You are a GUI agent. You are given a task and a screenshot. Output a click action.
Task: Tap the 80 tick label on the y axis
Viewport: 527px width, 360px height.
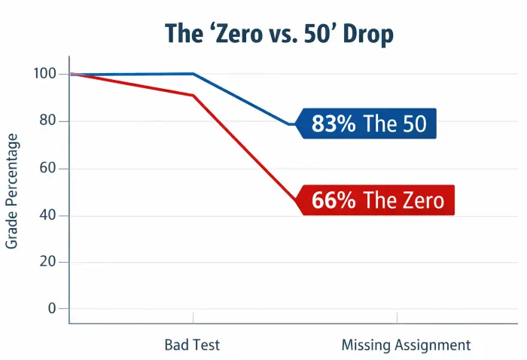coord(48,121)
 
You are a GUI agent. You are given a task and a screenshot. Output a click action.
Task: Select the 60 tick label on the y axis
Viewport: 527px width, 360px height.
coord(48,168)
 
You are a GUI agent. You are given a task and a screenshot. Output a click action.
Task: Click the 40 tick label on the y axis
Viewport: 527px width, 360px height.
coord(48,215)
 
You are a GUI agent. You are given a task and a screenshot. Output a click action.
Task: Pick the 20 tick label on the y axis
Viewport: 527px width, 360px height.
coord(48,262)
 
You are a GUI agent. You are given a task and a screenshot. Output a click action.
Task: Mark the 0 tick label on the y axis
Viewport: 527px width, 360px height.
coord(53,308)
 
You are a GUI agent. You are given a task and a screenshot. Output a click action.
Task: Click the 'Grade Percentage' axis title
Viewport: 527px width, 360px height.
coord(13,191)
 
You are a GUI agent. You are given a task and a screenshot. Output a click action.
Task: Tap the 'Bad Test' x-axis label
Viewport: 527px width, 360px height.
coord(193,345)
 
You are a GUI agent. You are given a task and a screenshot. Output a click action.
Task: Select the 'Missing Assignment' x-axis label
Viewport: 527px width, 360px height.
coord(406,345)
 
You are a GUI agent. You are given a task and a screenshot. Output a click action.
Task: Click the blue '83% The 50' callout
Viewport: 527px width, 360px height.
coord(367,124)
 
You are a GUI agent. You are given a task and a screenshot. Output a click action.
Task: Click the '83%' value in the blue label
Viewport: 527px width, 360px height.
coord(334,124)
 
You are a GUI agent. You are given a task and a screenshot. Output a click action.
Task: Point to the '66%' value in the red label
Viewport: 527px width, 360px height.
coord(334,201)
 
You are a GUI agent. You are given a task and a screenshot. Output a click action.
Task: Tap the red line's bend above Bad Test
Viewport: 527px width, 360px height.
coord(193,95)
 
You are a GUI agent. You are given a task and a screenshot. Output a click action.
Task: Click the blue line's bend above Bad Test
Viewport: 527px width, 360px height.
coord(193,74)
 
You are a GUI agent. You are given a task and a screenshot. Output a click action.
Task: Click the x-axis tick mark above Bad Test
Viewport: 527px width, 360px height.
coord(193,318)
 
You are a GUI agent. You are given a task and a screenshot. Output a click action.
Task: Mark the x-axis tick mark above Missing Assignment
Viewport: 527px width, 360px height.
coord(397,318)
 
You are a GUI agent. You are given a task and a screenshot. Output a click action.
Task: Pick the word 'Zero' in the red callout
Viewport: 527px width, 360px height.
coord(421,201)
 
